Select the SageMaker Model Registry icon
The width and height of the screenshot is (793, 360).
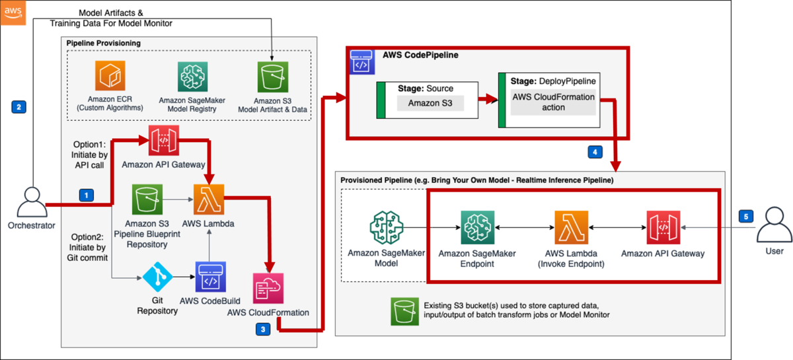point(192,77)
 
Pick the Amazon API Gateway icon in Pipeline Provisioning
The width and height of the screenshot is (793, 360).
point(163,140)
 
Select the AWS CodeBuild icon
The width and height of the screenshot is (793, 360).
point(209,278)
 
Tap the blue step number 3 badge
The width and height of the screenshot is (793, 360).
point(264,328)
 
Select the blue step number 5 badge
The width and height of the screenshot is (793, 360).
point(745,216)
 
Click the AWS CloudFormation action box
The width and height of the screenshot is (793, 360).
point(553,102)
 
